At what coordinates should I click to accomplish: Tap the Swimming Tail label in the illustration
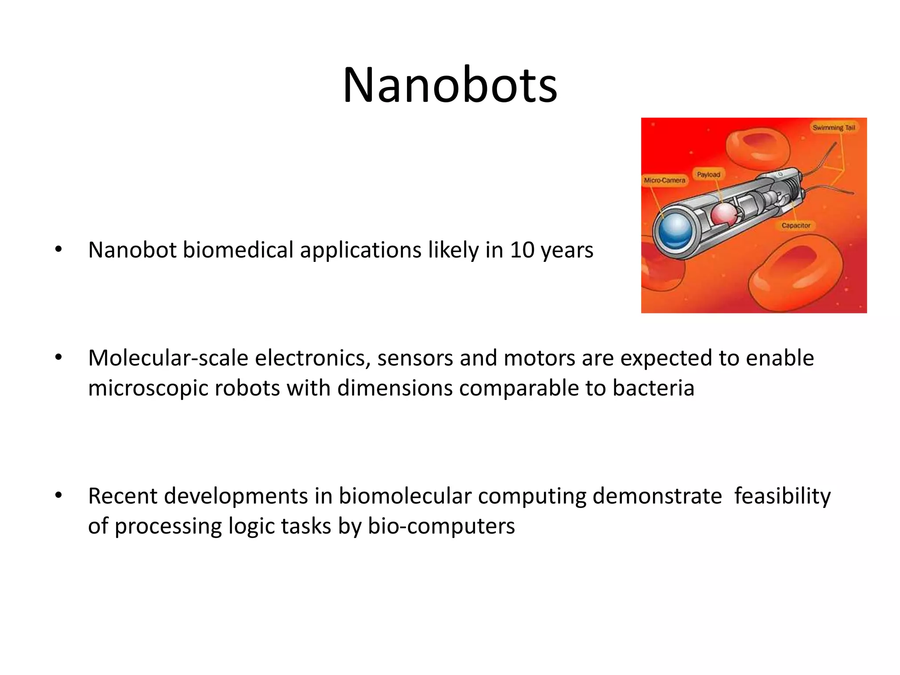coord(834,127)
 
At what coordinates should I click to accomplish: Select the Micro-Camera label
coord(664,180)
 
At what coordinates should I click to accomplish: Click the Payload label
coord(708,174)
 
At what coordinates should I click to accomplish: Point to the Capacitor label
coord(796,225)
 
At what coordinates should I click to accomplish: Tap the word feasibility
coord(782,496)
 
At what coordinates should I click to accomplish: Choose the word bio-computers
coord(441,526)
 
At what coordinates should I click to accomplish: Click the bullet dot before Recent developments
coord(58,495)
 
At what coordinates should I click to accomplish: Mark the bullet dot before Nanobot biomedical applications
coord(58,250)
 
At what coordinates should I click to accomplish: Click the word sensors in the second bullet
coord(415,358)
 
